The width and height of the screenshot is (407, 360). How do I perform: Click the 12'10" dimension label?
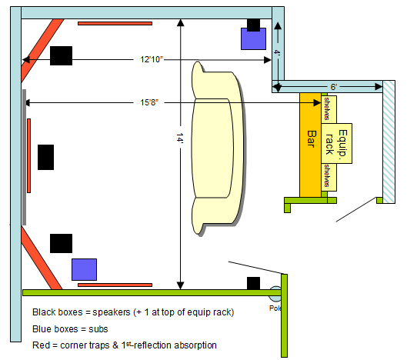point(152,59)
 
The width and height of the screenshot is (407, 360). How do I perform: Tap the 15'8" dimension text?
point(149,102)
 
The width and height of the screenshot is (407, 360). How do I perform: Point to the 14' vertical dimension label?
point(180,138)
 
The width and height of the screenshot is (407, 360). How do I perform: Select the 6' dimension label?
point(334,87)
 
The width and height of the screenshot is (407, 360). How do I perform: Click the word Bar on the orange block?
point(312,139)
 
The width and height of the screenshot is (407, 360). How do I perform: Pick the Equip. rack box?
point(337,143)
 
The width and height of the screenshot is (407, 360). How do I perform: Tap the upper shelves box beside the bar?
point(329,109)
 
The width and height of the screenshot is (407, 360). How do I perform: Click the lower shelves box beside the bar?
point(329,177)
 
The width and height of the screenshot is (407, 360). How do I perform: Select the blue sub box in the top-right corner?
point(253,39)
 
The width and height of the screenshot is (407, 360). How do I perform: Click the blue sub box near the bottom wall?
point(84,269)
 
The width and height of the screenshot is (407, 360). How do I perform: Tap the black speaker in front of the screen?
point(45,157)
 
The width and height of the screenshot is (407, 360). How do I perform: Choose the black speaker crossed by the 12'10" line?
point(61,56)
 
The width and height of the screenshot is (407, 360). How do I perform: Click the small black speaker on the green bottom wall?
point(253,283)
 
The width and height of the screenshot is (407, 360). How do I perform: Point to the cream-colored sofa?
point(218,148)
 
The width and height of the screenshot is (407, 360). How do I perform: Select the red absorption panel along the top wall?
point(115,23)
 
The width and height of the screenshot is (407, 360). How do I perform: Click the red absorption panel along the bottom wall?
point(115,285)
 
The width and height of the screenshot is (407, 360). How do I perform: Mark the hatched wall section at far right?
point(389,142)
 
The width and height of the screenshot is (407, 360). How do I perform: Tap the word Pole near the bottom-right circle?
point(275,308)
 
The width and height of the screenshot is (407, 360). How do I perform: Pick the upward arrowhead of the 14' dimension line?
point(180,22)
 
